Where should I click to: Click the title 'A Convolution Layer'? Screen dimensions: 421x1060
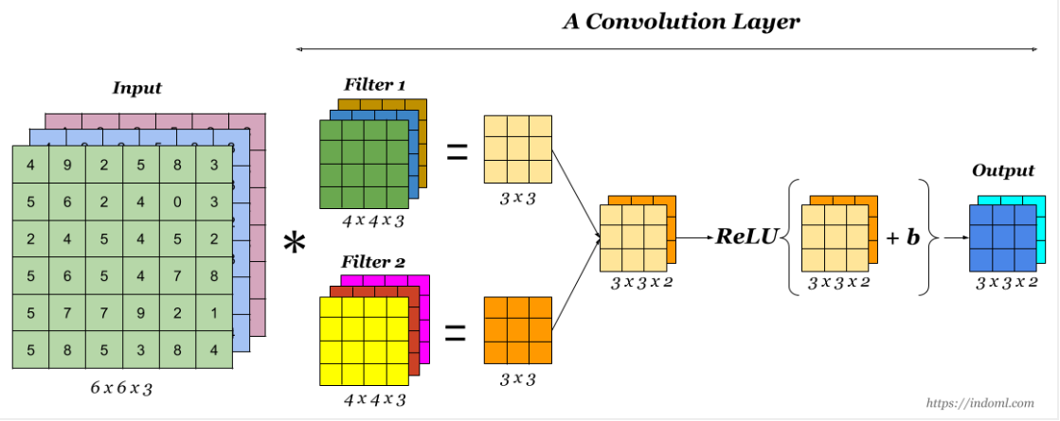tap(681, 21)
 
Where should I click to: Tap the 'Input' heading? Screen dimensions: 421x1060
tap(137, 88)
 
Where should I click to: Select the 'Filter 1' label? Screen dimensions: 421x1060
tap(374, 85)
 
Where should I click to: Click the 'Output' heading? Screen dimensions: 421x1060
tap(1002, 170)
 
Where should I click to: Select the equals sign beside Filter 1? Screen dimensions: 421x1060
tap(458, 151)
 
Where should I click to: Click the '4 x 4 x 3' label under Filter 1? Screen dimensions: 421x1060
tap(374, 222)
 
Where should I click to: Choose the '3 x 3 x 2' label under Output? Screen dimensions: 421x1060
tap(1005, 282)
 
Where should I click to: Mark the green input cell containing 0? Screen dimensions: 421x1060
tap(177, 202)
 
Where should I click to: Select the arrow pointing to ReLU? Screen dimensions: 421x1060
tap(697, 237)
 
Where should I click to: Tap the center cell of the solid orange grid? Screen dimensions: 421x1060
tap(517, 330)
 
